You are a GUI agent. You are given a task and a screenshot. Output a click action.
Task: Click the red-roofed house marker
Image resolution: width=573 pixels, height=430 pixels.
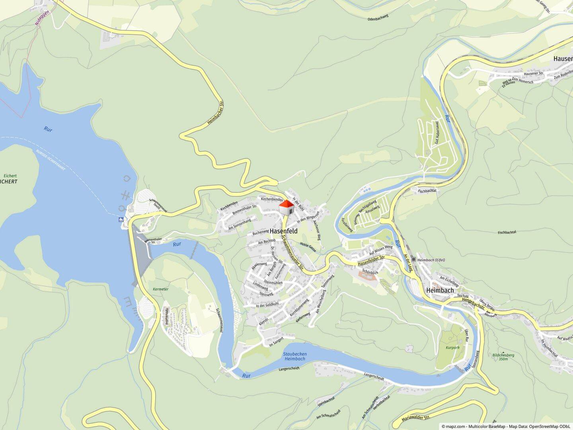click(286, 207)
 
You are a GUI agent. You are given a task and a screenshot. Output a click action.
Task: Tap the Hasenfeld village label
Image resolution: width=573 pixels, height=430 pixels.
click(284, 231)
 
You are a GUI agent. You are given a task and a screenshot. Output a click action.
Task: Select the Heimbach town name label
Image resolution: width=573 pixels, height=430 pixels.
click(440, 290)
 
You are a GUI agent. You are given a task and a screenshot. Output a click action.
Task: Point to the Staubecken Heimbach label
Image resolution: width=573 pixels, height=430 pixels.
click(295, 356)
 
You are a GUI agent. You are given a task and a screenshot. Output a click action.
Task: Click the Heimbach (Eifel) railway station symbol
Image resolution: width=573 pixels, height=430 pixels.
click(414, 260)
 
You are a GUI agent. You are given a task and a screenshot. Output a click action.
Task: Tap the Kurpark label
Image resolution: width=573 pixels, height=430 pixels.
click(453, 348)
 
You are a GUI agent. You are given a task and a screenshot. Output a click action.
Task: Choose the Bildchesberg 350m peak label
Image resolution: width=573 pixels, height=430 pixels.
click(503, 357)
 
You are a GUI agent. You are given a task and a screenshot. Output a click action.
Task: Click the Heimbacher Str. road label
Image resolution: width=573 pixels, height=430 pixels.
click(216, 113)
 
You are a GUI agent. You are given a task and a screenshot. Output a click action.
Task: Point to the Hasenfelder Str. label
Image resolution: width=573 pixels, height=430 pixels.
click(371, 261)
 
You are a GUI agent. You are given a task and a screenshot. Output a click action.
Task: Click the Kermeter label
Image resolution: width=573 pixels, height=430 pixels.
click(161, 289)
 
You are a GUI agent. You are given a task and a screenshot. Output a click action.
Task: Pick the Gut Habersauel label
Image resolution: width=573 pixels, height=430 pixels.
click(437, 133)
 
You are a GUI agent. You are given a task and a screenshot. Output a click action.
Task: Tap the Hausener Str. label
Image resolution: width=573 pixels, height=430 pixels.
click(534, 73)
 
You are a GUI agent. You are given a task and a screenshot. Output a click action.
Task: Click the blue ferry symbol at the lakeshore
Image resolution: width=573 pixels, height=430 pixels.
click(121, 219)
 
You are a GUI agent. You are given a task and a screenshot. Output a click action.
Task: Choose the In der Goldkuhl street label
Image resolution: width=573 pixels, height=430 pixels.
click(267, 305)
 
